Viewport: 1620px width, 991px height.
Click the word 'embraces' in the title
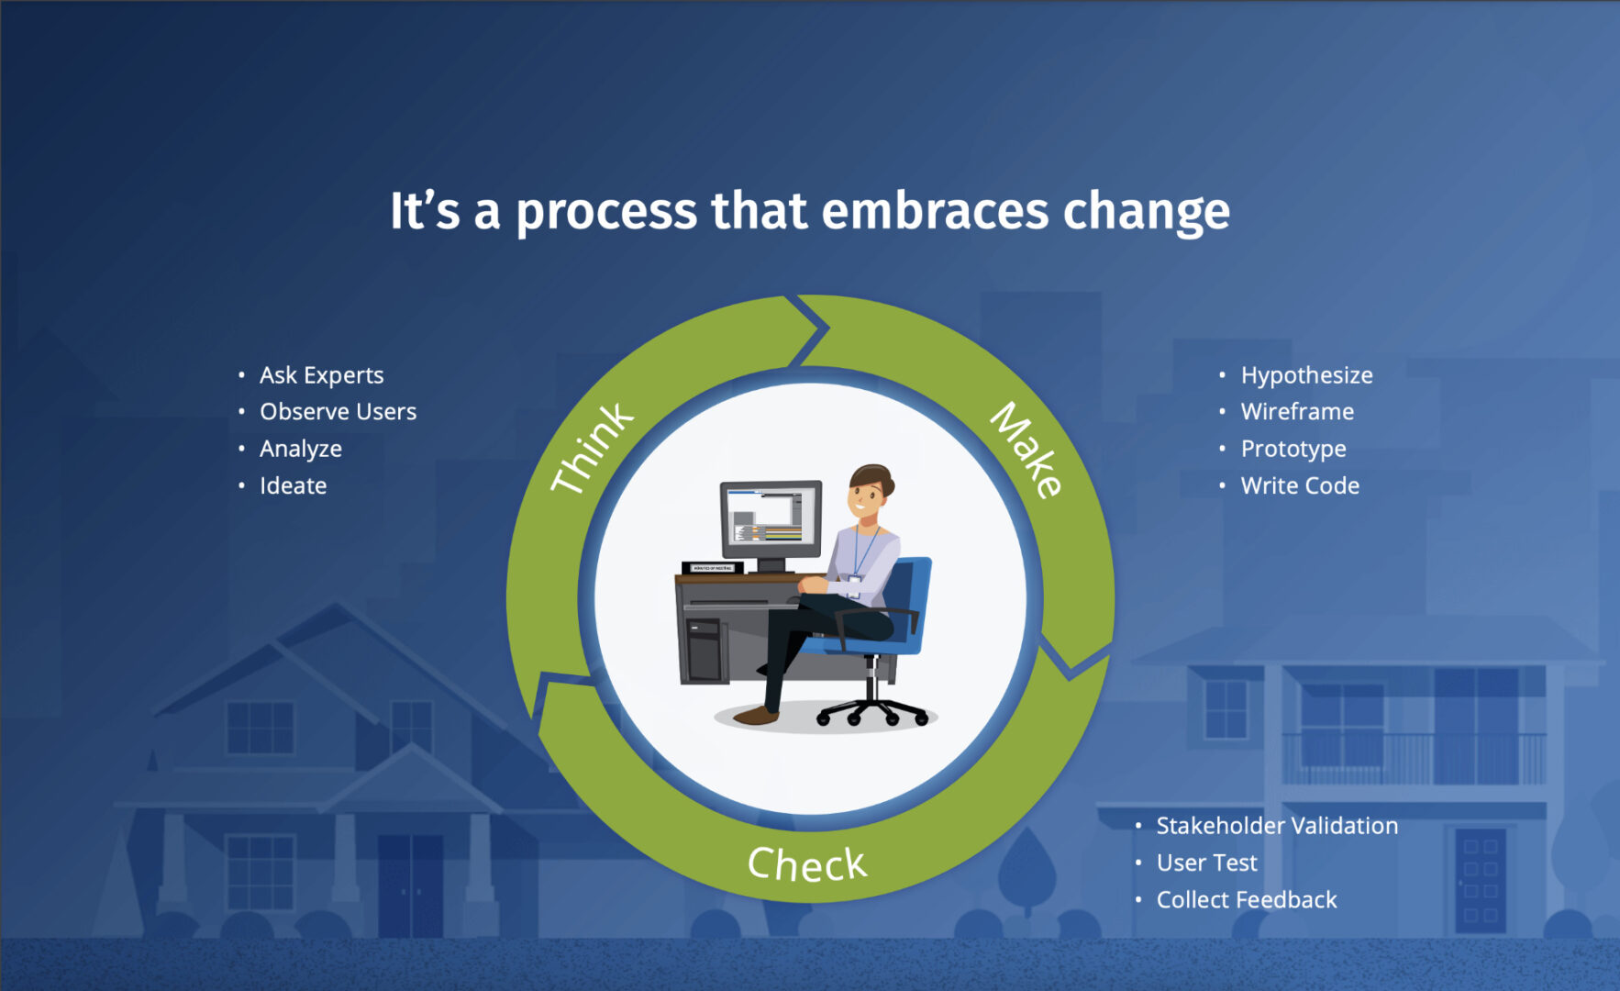click(x=934, y=211)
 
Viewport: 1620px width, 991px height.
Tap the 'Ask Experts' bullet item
click(x=321, y=375)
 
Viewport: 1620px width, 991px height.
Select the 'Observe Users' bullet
click(x=338, y=412)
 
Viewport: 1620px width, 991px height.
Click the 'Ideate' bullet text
click(x=293, y=485)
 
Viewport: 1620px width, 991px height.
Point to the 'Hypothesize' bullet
click(x=1306, y=375)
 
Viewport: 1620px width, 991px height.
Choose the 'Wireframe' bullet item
click(x=1297, y=412)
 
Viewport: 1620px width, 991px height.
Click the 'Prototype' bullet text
click(x=1293, y=450)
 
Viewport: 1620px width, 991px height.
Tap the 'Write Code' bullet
click(x=1300, y=485)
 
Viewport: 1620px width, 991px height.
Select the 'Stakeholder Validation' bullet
click(x=1277, y=826)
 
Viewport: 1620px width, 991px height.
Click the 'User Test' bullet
click(x=1206, y=863)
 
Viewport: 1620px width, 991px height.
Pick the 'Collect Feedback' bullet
click(x=1247, y=900)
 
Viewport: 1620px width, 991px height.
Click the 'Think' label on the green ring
click(x=592, y=447)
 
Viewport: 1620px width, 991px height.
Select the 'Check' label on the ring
click(x=807, y=864)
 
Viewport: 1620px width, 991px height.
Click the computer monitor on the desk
click(x=771, y=523)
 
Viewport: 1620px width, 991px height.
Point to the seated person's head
click(x=869, y=492)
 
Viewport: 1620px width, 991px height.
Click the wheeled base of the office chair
click(x=871, y=708)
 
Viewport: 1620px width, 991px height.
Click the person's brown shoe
click(x=756, y=715)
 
